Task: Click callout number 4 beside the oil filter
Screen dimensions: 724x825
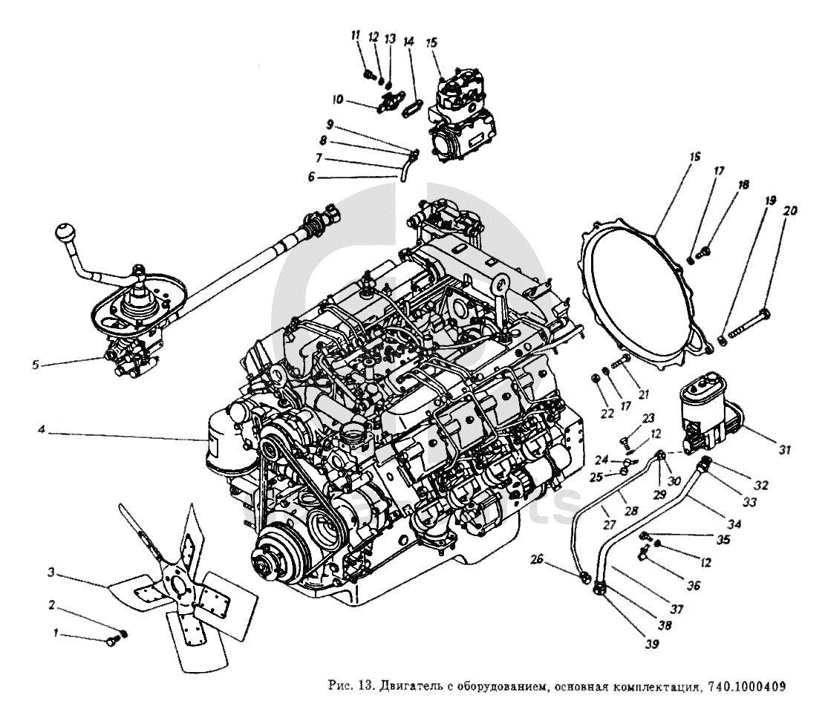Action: tap(43, 428)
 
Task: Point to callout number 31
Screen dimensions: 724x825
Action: tap(785, 449)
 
